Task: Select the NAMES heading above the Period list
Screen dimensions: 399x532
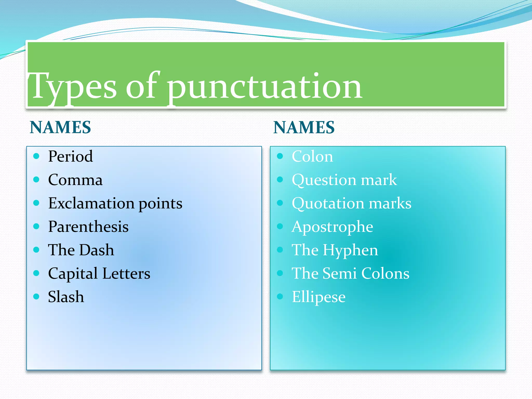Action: point(60,127)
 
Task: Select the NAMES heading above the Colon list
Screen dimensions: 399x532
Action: point(304,127)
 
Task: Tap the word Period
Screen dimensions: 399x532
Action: point(70,156)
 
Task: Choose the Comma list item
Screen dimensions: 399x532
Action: point(75,180)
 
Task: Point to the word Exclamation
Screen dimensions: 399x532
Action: point(91,203)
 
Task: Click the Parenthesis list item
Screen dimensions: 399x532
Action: point(88,227)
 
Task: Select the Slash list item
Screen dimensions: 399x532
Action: point(66,297)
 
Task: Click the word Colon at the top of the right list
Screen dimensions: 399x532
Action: point(312,156)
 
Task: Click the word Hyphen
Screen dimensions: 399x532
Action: point(350,250)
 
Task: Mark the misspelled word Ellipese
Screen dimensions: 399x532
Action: point(319,297)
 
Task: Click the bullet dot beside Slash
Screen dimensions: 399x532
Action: point(36,296)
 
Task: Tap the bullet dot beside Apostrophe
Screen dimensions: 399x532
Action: point(280,226)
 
